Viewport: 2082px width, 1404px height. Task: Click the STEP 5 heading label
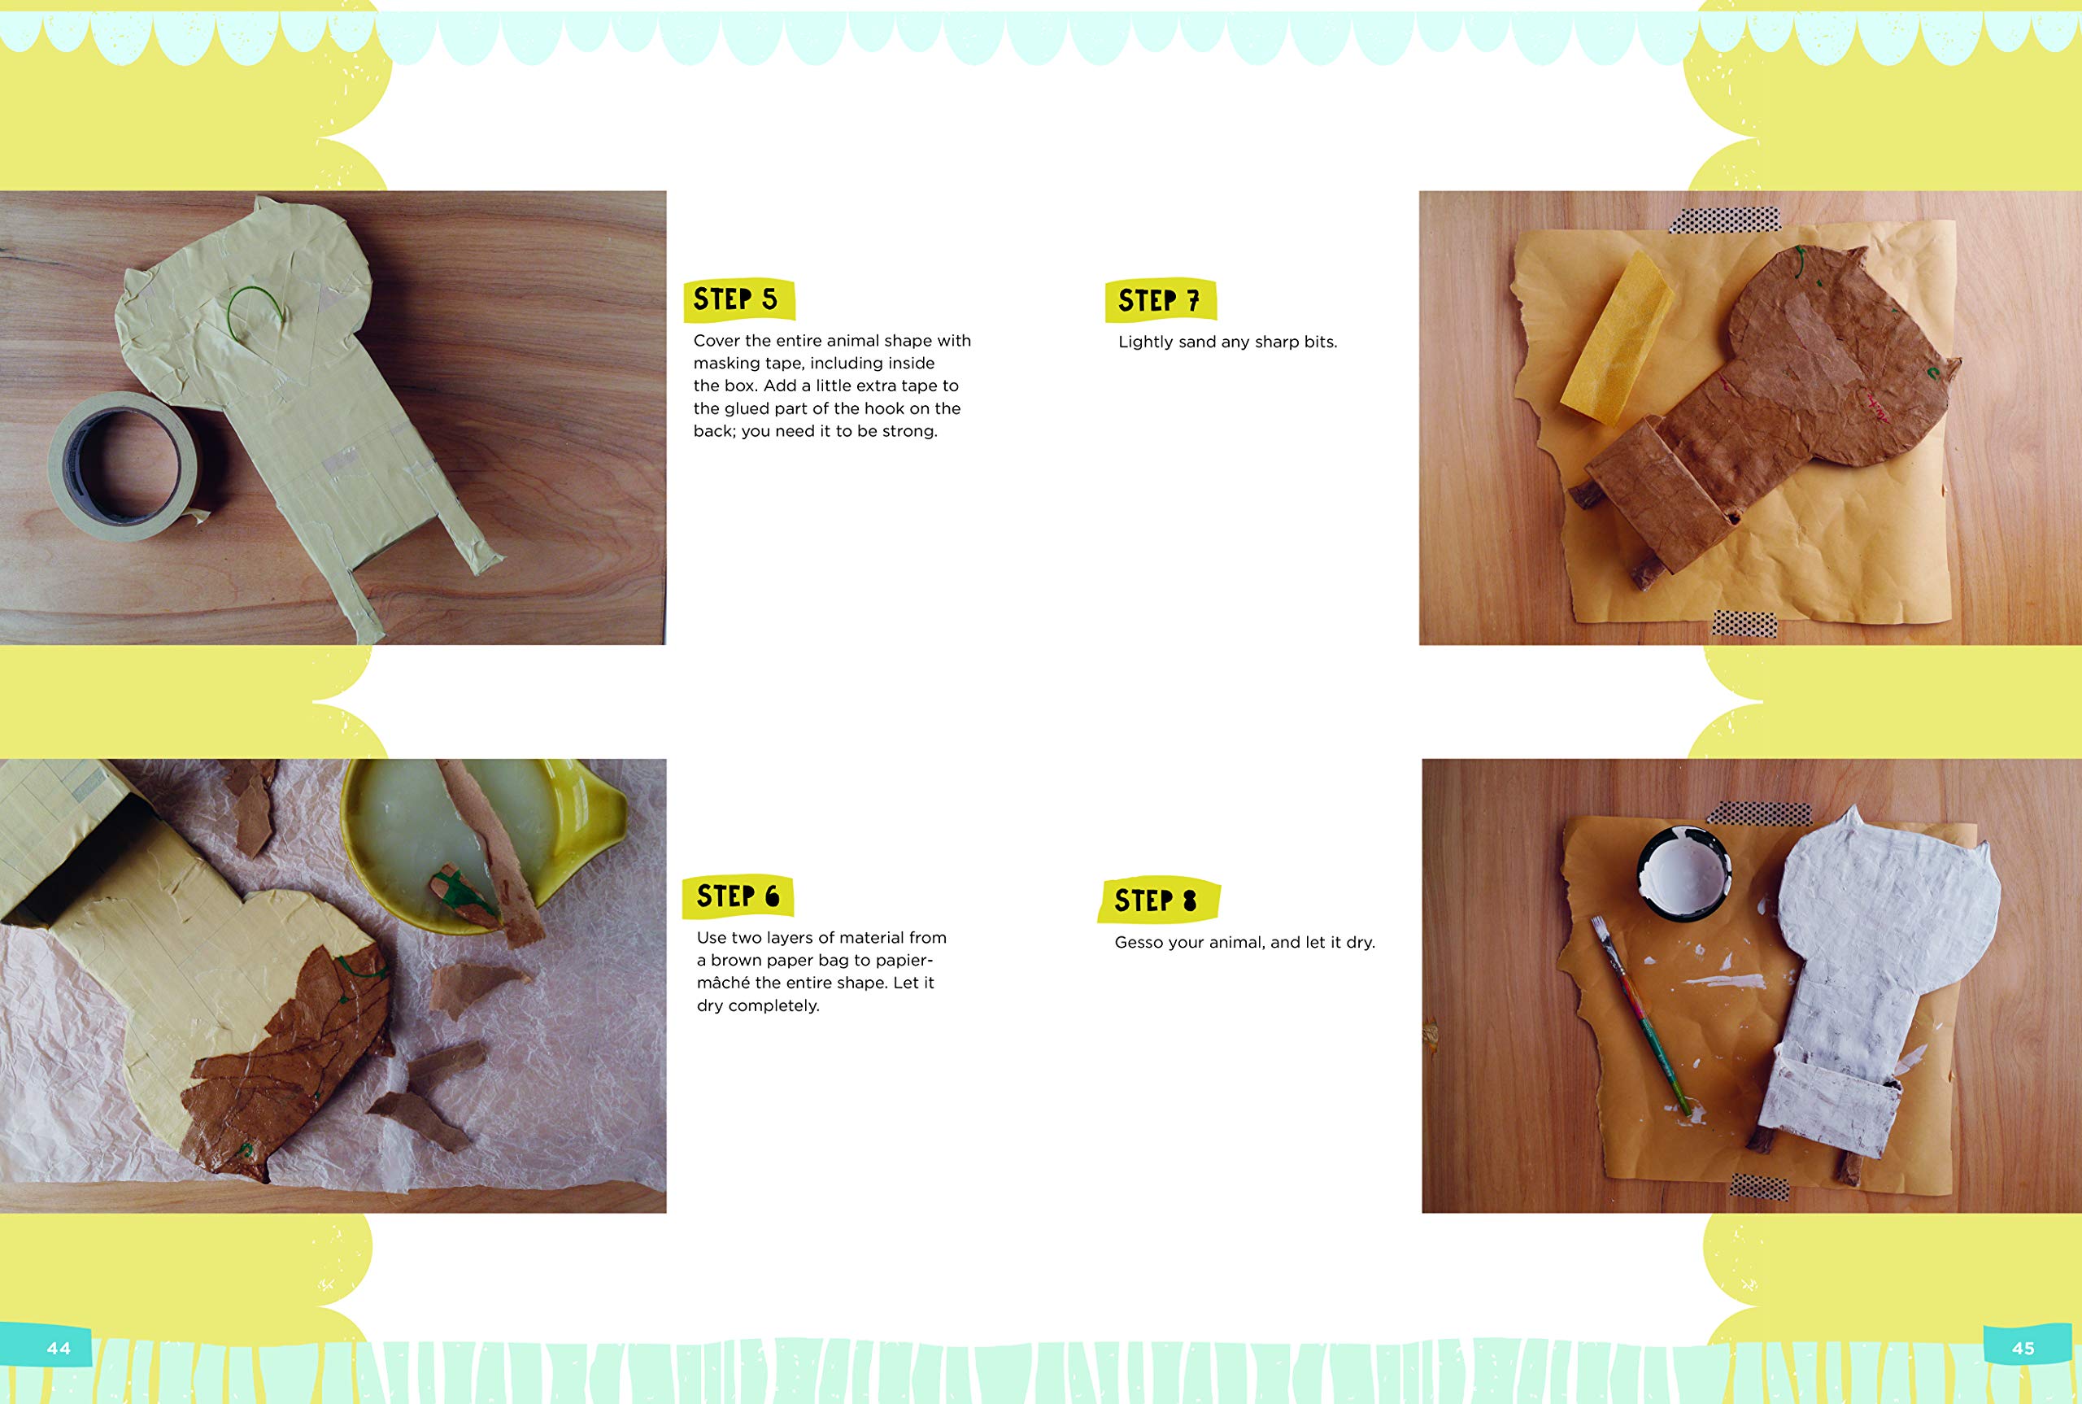tap(738, 299)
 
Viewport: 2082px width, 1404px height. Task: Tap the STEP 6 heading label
tap(738, 896)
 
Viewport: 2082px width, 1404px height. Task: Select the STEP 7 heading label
tap(1160, 300)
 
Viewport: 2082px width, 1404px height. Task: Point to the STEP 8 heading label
tap(1158, 900)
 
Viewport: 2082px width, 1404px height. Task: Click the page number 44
tap(59, 1349)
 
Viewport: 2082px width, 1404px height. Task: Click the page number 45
tap(2023, 1349)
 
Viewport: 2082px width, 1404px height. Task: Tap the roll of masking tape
tap(125, 465)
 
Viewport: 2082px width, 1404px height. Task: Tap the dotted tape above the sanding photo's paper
tap(1725, 220)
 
